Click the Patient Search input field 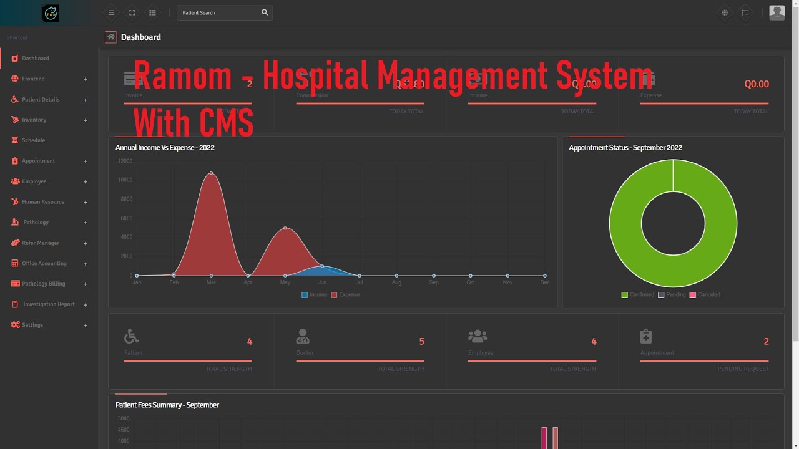tap(218, 12)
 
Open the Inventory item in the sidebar tap(34, 120)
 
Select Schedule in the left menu tap(33, 140)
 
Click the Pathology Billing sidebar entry tap(43, 284)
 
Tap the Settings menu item tap(32, 325)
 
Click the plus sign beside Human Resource tap(86, 202)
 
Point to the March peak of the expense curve tap(212, 173)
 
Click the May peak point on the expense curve tap(285, 228)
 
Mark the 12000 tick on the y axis tap(125, 161)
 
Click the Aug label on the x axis tap(396, 282)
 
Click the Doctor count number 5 tap(421, 342)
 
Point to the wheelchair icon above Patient tap(131, 336)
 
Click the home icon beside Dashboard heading tap(111, 37)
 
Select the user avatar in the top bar tap(777, 12)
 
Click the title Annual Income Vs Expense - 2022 tap(165, 148)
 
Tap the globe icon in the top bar tap(725, 12)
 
